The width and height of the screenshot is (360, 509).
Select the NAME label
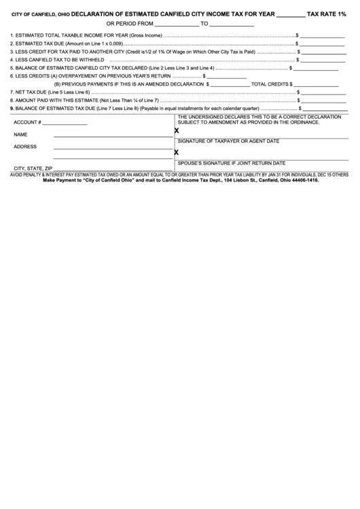pyautogui.click(x=20, y=135)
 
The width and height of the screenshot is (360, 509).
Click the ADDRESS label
pyautogui.click(x=25, y=146)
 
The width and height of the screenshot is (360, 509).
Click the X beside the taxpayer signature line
pyautogui.click(x=177, y=130)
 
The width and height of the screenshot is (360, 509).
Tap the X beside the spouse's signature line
pyautogui.click(x=177, y=153)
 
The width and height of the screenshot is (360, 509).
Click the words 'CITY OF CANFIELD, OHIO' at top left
pyautogui.click(x=40, y=14)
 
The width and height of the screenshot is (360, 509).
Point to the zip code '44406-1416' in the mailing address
pyautogui.click(x=302, y=181)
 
